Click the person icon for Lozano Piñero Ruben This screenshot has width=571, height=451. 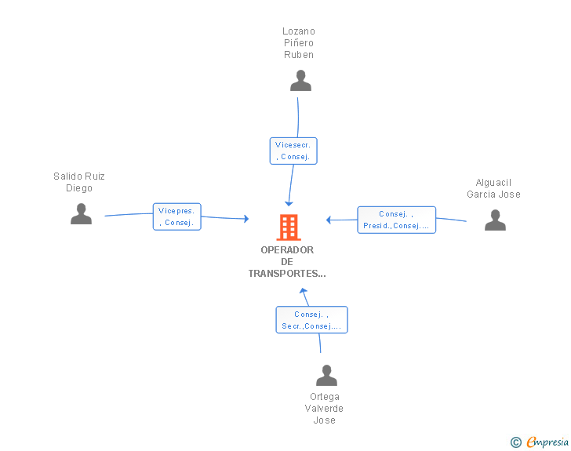point(300,81)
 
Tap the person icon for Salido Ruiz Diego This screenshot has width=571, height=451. point(81,213)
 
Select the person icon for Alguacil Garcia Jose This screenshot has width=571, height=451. point(495,220)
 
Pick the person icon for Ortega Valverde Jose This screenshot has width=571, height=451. point(326,376)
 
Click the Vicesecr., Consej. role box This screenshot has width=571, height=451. point(293,151)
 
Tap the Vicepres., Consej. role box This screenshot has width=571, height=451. point(177,216)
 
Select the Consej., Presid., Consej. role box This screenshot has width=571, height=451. point(396,220)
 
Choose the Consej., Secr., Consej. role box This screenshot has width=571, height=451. point(311,320)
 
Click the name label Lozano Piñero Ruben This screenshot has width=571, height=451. point(299,43)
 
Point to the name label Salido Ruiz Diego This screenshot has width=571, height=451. point(79,182)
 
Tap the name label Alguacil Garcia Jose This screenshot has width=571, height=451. point(493,188)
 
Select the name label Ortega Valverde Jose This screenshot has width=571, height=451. point(325,409)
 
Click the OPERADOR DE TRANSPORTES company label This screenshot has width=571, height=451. point(287,262)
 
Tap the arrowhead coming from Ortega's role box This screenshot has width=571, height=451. point(304,292)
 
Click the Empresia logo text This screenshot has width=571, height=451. point(547,442)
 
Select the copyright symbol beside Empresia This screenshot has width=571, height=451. point(515,442)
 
